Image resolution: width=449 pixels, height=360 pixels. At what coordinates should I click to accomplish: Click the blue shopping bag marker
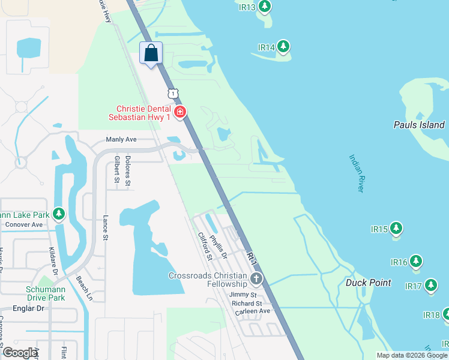coord(151,53)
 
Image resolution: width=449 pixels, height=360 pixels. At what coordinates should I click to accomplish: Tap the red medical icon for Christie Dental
coord(179,112)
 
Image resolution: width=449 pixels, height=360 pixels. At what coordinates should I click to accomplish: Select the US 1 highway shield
coord(173,94)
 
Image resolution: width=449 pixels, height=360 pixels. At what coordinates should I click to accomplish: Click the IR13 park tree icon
coord(264,7)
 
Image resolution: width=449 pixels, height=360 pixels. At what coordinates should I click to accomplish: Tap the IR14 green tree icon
coord(283,47)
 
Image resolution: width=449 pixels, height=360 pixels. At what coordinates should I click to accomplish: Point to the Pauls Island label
coord(419,125)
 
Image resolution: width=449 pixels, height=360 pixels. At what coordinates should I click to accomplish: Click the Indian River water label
coord(357,173)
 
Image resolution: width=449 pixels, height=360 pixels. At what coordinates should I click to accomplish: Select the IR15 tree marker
coord(396,229)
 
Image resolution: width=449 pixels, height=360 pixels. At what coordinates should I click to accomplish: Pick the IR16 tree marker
coord(415,262)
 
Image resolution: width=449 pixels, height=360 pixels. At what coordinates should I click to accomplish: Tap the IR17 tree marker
coord(431,286)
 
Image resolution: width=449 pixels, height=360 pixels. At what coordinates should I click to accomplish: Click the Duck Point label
coord(368,283)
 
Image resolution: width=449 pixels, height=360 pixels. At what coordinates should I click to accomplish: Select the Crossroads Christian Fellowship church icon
coord(256,278)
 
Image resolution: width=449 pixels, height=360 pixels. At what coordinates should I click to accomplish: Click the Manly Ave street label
coord(121,139)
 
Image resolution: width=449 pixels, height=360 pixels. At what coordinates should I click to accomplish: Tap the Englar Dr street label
coord(23,308)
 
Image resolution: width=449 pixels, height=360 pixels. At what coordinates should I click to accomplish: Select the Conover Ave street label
coord(24,224)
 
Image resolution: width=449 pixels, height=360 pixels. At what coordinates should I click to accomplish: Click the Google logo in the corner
coord(20,353)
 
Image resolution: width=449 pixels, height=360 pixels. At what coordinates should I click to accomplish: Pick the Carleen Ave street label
coord(252,311)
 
